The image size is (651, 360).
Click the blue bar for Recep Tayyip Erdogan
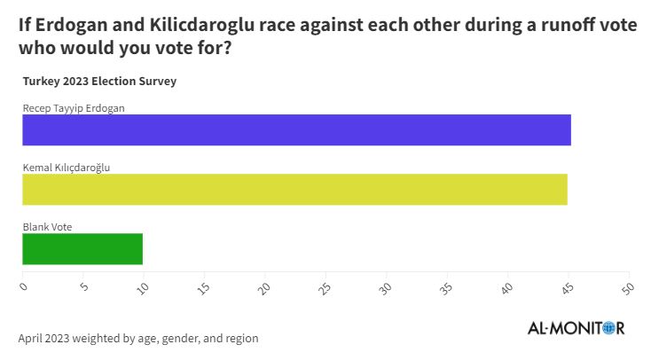pyautogui.click(x=296, y=129)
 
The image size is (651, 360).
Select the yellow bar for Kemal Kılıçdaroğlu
pyautogui.click(x=294, y=189)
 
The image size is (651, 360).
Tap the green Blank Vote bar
pyautogui.click(x=82, y=249)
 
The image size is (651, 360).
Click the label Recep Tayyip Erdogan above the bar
pyautogui.click(x=74, y=108)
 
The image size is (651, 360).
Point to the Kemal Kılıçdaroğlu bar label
pyautogui.click(x=66, y=168)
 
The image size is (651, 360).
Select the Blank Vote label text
pyautogui.click(x=47, y=227)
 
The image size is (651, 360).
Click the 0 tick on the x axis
pyautogui.click(x=23, y=286)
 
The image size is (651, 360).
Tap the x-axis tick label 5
pyautogui.click(x=83, y=286)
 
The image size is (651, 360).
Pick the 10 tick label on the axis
pyautogui.click(x=143, y=287)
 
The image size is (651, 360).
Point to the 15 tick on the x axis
pyautogui.click(x=203, y=287)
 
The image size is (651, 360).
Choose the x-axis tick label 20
pyautogui.click(x=264, y=287)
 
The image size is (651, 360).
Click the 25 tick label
pyautogui.click(x=325, y=287)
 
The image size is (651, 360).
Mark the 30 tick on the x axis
pyautogui.click(x=385, y=287)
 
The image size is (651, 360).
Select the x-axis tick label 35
pyautogui.click(x=446, y=287)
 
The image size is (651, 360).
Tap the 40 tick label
pyautogui.click(x=506, y=287)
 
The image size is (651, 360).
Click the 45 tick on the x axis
pyautogui.click(x=567, y=287)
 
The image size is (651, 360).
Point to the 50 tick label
pyautogui.click(x=628, y=287)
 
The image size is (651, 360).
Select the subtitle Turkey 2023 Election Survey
pyautogui.click(x=99, y=82)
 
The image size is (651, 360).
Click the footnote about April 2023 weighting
pyautogui.click(x=138, y=339)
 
